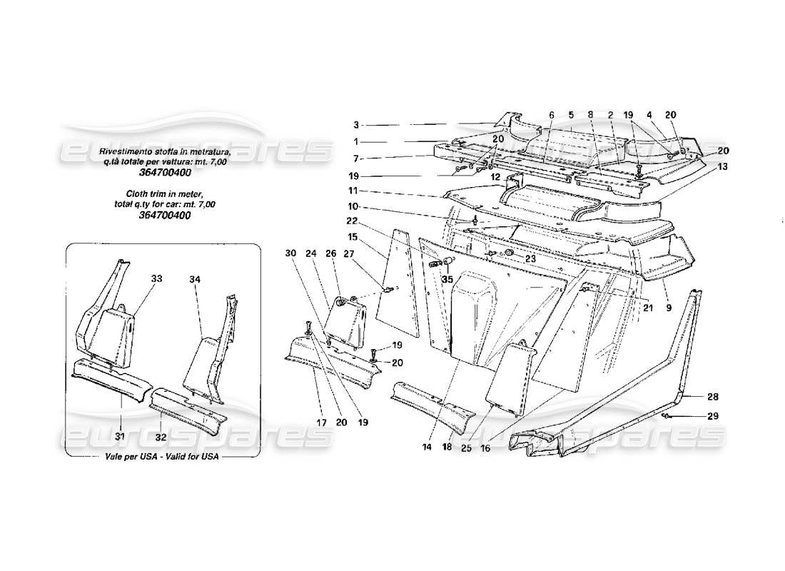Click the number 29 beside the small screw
pyautogui.click(x=714, y=416)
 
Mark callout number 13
pyautogui.click(x=723, y=166)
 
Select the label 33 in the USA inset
pyautogui.click(x=156, y=278)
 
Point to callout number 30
pyautogui.click(x=290, y=253)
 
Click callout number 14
pyautogui.click(x=427, y=447)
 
